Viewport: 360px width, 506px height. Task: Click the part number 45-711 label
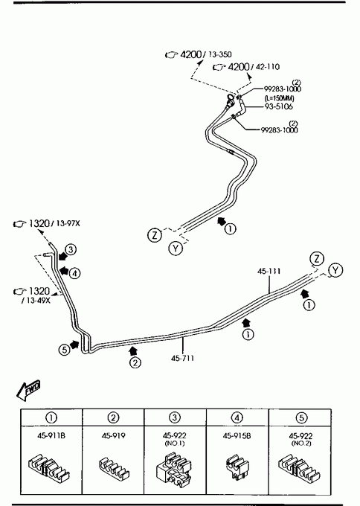pos(182,358)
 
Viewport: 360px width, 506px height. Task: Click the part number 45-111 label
pos(269,272)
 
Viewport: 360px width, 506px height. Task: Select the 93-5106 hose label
pos(279,106)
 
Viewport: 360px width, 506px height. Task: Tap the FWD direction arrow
pos(28,390)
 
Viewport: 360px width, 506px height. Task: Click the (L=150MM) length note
pos(280,98)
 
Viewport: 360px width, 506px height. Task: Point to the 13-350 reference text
pos(220,54)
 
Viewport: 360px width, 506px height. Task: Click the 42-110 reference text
pos(268,67)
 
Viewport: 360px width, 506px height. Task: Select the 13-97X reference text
pos(68,223)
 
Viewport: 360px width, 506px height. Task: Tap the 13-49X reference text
pos(37,301)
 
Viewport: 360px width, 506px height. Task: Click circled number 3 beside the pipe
pos(71,249)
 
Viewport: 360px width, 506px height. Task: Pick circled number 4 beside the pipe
pos(74,274)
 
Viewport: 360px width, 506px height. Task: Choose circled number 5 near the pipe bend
pos(65,350)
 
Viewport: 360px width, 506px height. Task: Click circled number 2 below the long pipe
pos(135,362)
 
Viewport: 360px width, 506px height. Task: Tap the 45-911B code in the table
pos(51,435)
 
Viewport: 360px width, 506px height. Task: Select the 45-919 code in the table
pos(113,435)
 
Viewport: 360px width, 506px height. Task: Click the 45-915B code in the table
pos(237,435)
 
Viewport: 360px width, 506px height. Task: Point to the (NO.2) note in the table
pos(301,443)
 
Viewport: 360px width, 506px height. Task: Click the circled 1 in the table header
pos(51,418)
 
